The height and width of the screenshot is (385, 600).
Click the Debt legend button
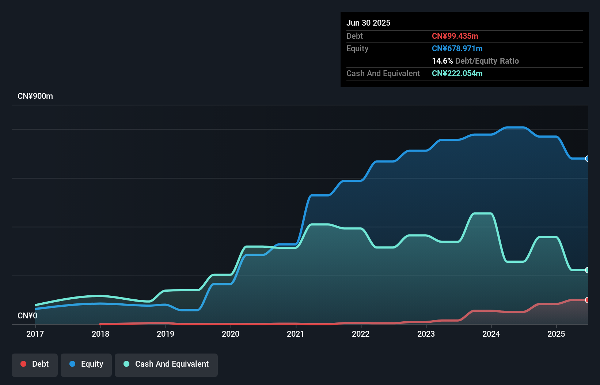coord(35,365)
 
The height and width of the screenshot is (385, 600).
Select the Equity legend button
coord(86,365)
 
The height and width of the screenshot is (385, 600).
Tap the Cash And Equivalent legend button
coord(166,365)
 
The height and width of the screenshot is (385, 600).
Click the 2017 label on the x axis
coord(35,334)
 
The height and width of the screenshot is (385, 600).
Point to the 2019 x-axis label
coord(166,334)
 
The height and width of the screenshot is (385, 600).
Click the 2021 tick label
coord(296,334)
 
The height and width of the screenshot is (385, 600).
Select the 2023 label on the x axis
coord(426,334)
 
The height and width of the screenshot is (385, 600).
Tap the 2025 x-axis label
coord(556,334)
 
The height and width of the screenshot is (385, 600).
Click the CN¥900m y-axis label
coord(35,96)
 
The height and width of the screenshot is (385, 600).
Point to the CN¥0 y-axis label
coord(27,315)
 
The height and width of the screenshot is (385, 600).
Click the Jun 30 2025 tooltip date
coord(368,23)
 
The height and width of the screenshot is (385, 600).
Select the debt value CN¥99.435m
coord(455,36)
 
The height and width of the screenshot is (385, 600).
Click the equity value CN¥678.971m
coord(457,48)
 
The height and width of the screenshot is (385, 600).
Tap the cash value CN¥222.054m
coord(457,73)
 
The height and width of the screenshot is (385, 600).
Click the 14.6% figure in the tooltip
coord(442,61)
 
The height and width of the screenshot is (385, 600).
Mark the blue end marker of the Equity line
coord(588,158)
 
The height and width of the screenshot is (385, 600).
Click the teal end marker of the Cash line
coord(588,270)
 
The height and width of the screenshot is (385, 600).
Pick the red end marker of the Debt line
coord(588,300)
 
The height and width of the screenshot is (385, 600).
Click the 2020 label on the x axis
coord(231,334)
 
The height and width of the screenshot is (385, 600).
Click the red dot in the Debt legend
coord(23,364)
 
